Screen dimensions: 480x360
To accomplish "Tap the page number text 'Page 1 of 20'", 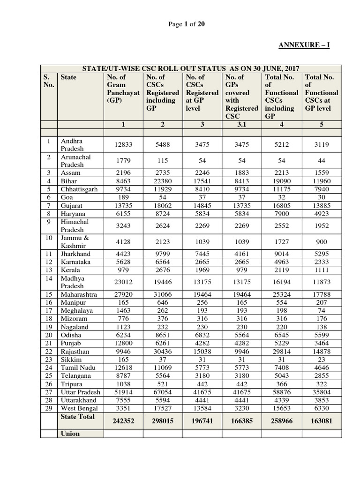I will pos(187,24).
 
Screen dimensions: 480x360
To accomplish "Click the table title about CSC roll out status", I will pos(191,68).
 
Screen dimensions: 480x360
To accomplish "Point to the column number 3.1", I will pos(242,124).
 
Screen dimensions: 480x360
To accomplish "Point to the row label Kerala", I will pos(70,270).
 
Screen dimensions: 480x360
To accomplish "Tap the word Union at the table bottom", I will pos(70,434).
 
